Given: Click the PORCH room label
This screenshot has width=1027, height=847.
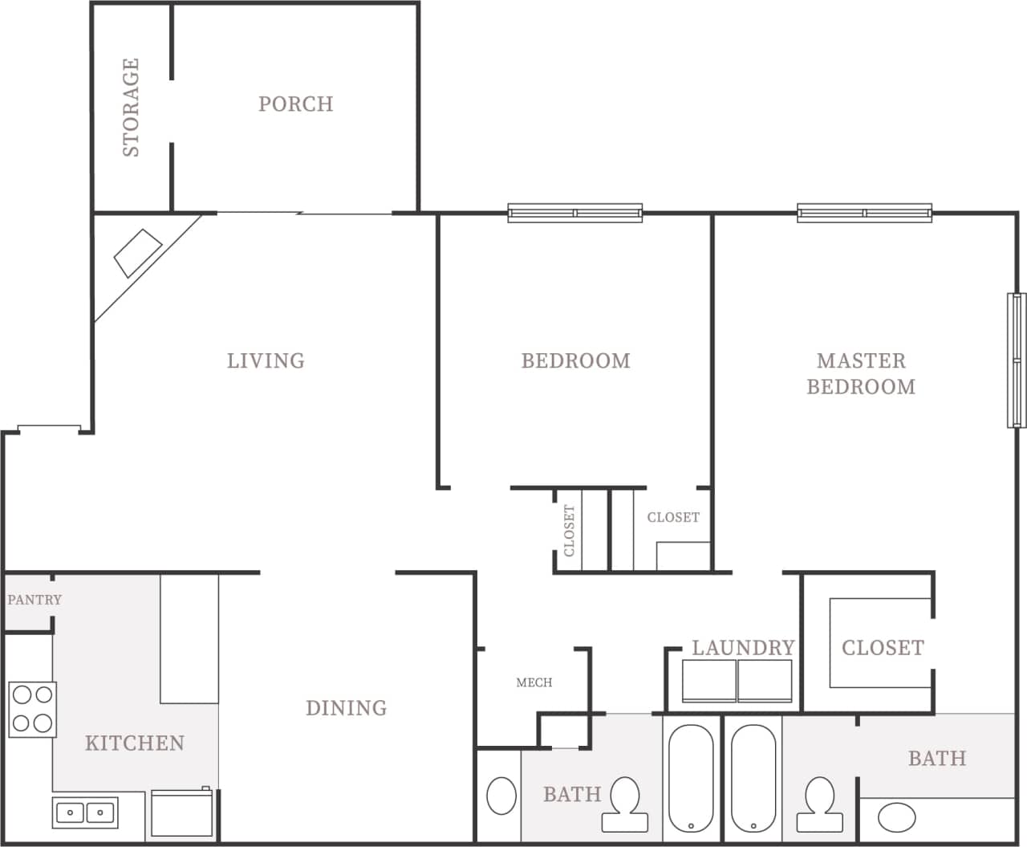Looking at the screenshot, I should point(295,104).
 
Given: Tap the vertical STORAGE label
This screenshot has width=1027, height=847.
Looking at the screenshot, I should point(131,107).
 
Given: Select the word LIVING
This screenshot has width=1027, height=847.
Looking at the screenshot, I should point(266,360).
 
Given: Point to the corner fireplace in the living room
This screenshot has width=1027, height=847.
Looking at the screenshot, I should point(137,254).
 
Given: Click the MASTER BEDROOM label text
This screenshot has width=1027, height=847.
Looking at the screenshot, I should point(860,373).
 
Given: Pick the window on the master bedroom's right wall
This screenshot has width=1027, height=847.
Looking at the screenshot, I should point(1017,360).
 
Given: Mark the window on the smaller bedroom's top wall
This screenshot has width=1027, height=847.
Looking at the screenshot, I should point(574,213).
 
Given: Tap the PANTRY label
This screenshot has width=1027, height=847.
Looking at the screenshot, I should point(35,600).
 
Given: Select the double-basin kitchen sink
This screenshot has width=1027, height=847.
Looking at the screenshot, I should point(85,812).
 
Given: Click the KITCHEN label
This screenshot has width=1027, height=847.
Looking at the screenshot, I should point(135,743).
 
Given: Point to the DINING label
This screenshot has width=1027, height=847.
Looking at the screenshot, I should point(346,707).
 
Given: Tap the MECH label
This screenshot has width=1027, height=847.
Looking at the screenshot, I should point(534,682).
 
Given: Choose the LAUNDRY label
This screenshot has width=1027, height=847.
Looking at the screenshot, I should point(743,647).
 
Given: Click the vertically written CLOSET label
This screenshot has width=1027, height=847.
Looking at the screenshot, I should point(569,531).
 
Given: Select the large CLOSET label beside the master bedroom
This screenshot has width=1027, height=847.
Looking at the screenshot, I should point(883,647).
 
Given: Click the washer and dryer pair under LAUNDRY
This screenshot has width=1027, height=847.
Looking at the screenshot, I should point(737,681).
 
